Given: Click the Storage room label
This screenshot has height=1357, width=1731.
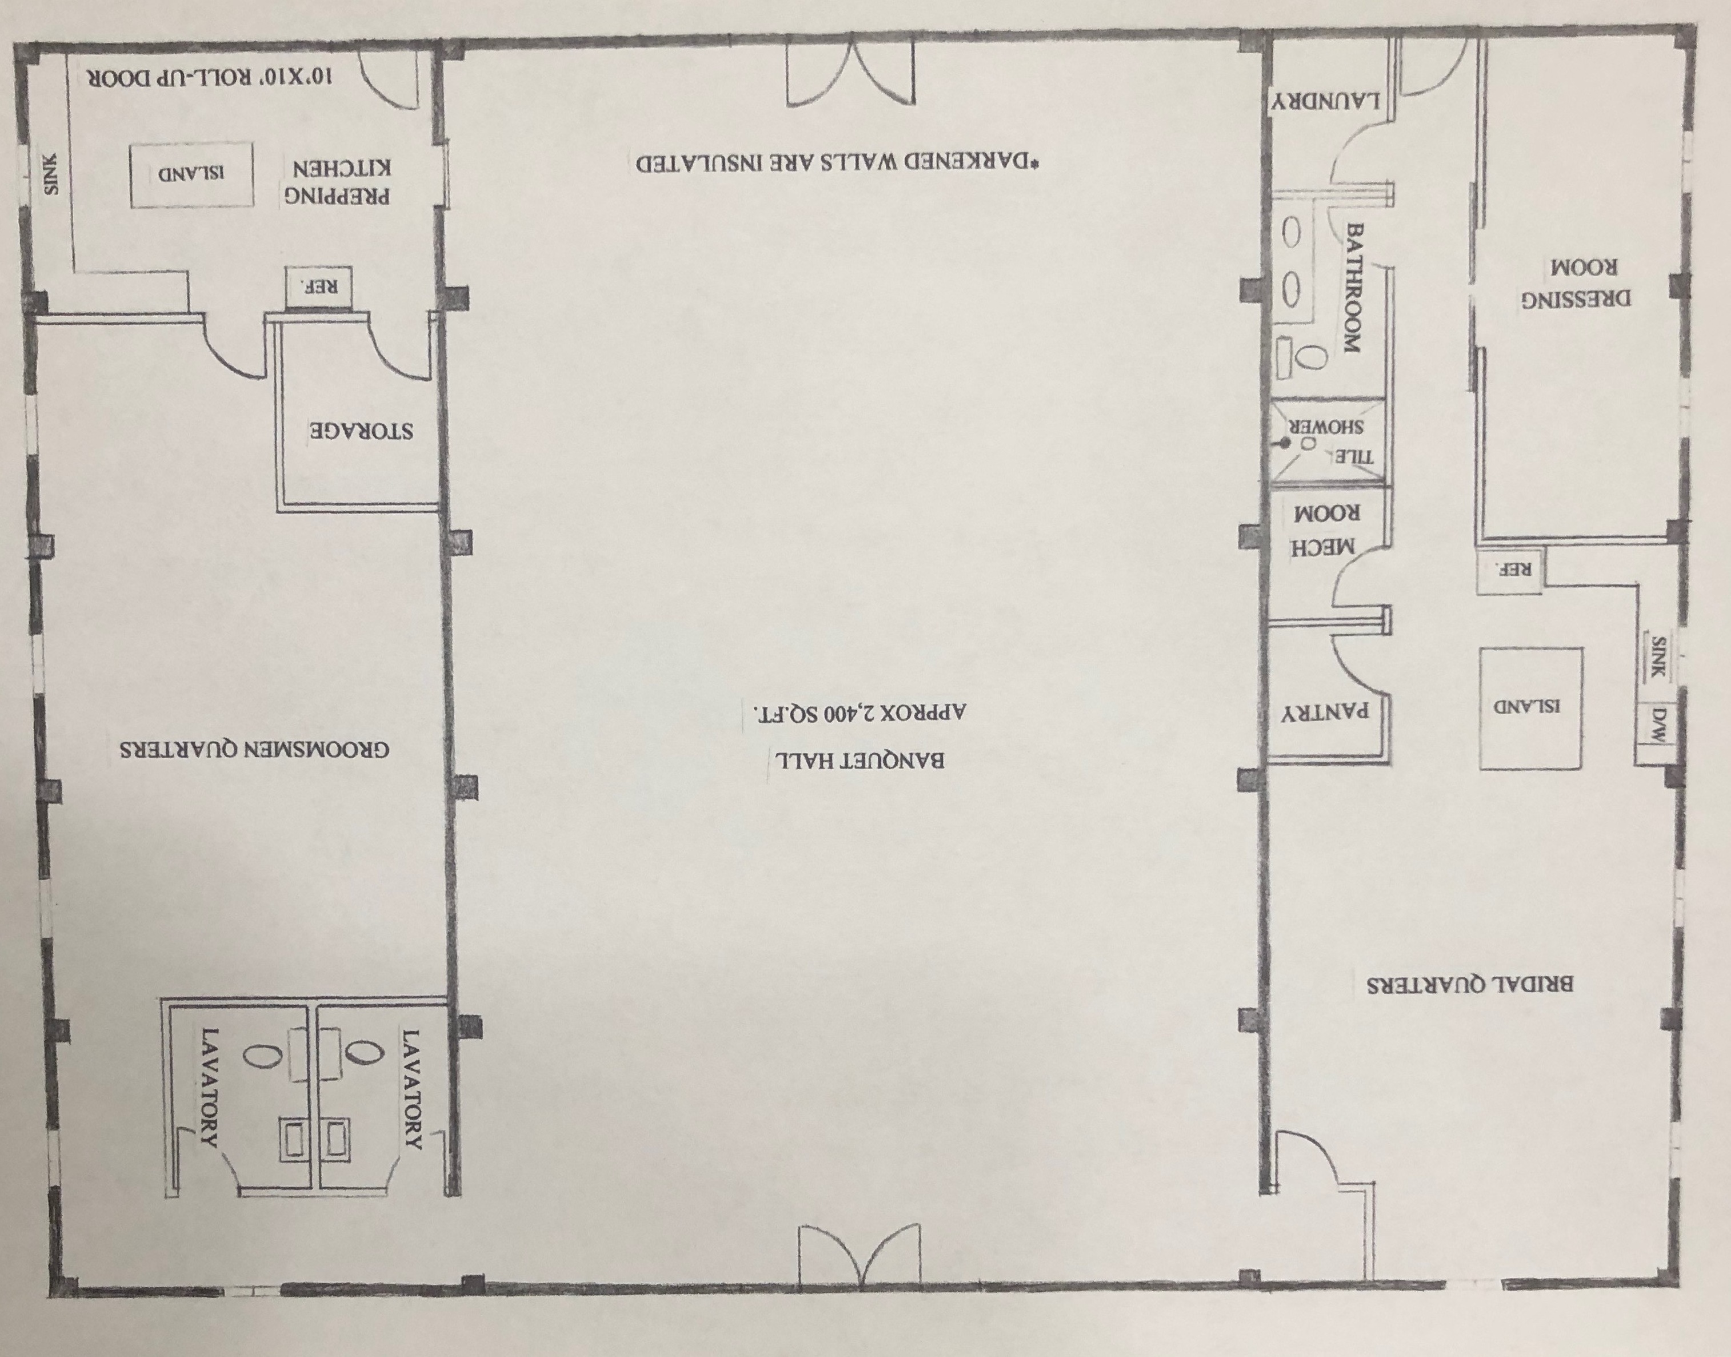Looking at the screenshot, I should [x=361, y=431].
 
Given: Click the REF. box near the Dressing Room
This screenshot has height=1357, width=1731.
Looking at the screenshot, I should [x=1508, y=569].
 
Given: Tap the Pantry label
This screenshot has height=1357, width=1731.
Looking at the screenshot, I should [x=1325, y=712].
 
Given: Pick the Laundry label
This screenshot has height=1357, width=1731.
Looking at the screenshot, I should [x=1325, y=102].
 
